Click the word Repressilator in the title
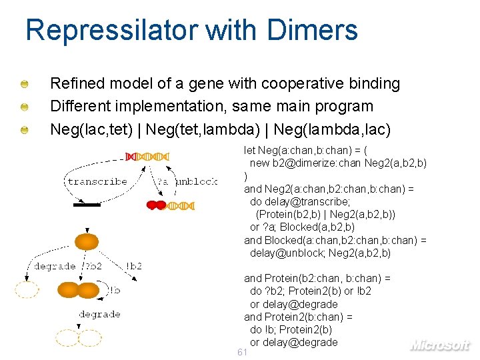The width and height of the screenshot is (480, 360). (x=111, y=31)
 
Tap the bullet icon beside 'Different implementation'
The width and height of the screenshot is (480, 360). (x=24, y=107)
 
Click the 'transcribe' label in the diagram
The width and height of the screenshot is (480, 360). (x=97, y=181)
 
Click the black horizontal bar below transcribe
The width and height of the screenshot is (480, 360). (x=87, y=205)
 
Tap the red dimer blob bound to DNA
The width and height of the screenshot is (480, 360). (x=155, y=205)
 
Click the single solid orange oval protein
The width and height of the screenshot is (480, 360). (x=87, y=241)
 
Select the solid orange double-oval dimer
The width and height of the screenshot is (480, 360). (x=79, y=290)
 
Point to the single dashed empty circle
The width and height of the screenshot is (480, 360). (x=27, y=290)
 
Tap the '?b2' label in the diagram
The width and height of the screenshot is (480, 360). (x=93, y=266)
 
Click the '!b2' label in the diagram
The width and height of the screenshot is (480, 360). (x=133, y=266)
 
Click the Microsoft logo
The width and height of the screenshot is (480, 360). (x=439, y=345)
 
